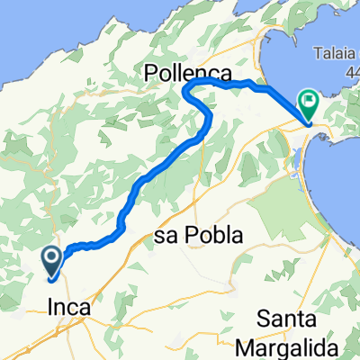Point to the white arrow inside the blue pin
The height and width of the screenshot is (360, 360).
[x=52, y=259]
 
